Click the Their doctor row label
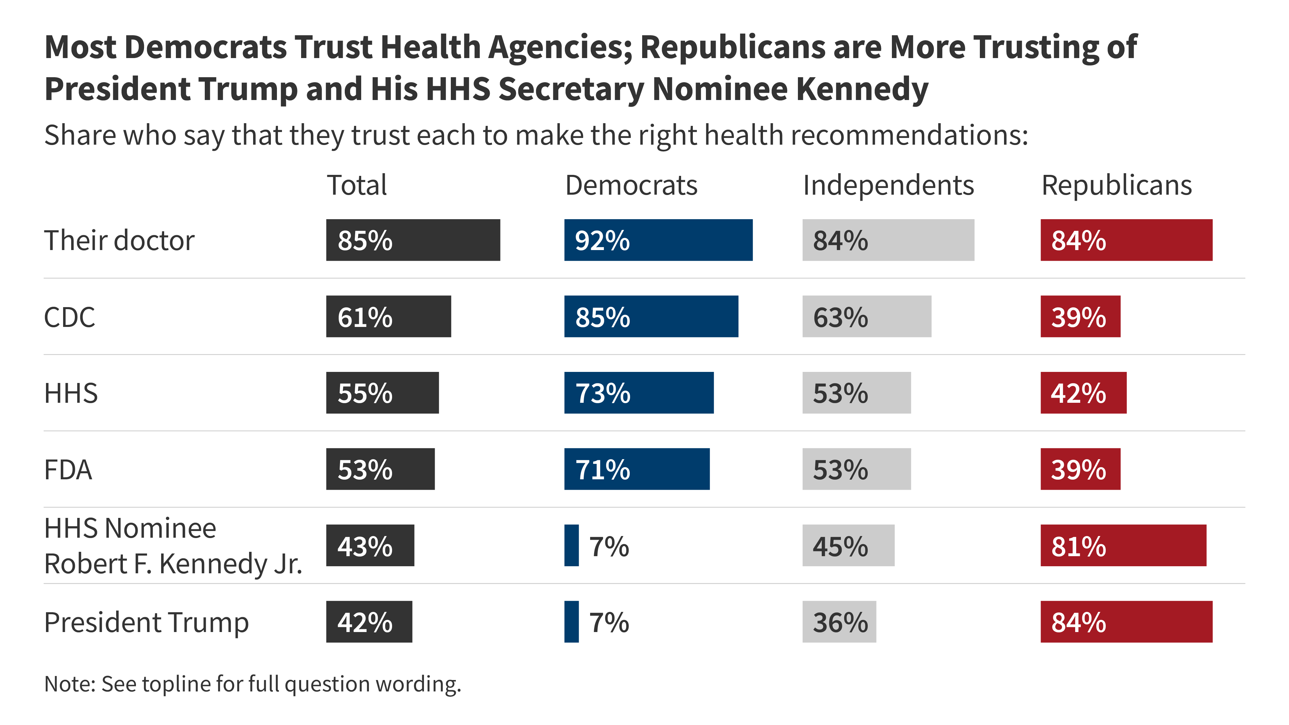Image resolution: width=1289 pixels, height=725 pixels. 119,241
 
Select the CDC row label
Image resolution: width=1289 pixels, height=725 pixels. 69,317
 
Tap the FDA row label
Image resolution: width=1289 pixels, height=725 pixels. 68,470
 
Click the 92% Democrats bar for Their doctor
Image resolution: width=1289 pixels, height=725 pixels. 658,240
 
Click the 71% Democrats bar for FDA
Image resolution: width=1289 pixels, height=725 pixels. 636,469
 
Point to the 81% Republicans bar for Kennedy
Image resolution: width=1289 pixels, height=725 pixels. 1124,546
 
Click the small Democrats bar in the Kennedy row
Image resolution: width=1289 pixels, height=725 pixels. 571,546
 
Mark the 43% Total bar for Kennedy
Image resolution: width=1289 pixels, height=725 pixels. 370,546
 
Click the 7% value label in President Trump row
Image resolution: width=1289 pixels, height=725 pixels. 609,623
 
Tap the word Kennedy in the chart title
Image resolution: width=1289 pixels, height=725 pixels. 862,89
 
